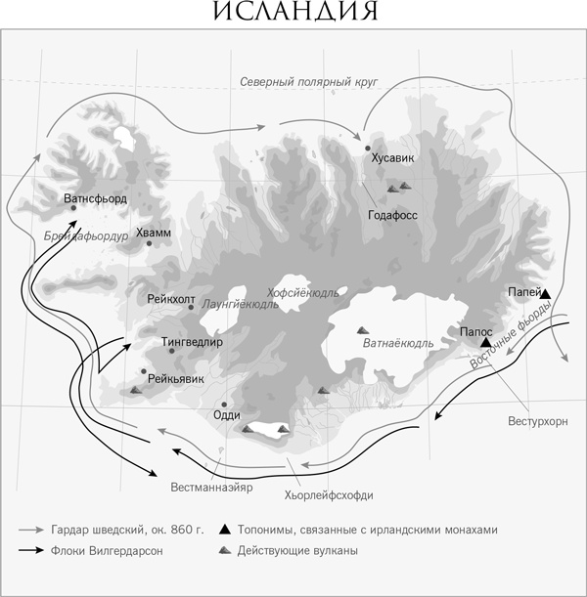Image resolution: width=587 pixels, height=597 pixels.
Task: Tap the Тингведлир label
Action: pyautogui.click(x=192, y=342)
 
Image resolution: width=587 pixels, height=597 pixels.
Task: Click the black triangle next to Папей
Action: pyautogui.click(x=545, y=293)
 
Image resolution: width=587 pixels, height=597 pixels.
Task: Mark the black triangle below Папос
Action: pyautogui.click(x=485, y=342)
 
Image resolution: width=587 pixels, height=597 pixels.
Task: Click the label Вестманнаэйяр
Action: pyautogui.click(x=212, y=486)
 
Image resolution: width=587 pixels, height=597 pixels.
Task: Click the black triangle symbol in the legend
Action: pyautogui.click(x=225, y=530)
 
